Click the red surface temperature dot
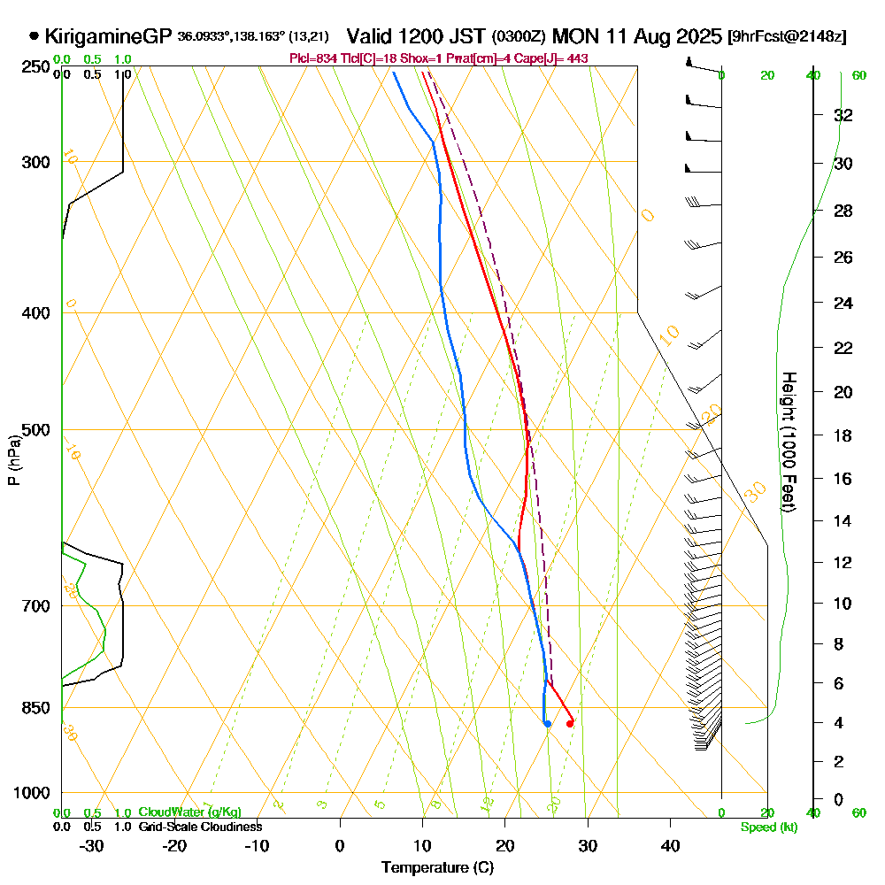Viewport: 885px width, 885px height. (570, 724)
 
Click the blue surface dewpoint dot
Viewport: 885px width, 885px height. (548, 724)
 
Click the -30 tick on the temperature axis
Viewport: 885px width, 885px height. (92, 845)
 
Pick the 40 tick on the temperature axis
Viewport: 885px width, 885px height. (670, 845)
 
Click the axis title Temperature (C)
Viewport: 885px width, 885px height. (437, 868)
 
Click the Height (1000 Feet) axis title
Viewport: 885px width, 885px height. (787, 441)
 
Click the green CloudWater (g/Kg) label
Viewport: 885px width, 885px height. (189, 812)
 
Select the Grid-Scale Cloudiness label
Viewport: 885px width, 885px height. (199, 827)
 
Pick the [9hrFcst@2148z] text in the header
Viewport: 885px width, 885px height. (786, 37)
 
